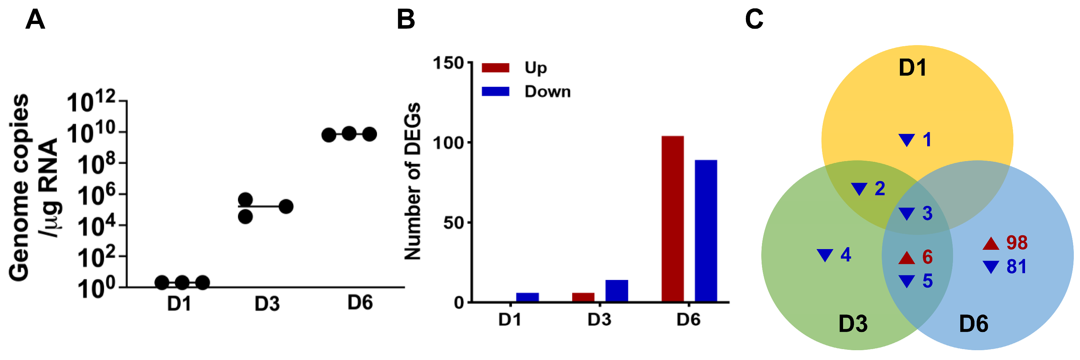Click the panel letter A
(x=35, y=20)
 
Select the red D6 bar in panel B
(x=672, y=219)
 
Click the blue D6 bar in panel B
(x=706, y=231)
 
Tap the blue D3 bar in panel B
(x=617, y=291)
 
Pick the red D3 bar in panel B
(x=583, y=297)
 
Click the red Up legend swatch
(x=496, y=68)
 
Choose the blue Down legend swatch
(x=496, y=91)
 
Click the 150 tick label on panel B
(x=448, y=63)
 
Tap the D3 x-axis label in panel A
(x=267, y=304)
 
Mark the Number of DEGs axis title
(x=413, y=181)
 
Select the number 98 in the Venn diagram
(x=1017, y=243)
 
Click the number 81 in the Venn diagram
(x=1017, y=267)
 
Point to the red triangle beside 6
(x=907, y=258)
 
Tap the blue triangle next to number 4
(x=825, y=255)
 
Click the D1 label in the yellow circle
(x=912, y=68)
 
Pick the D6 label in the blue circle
(x=973, y=324)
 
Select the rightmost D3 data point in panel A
(x=286, y=206)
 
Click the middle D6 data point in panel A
(x=349, y=134)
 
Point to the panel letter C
(x=754, y=20)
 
